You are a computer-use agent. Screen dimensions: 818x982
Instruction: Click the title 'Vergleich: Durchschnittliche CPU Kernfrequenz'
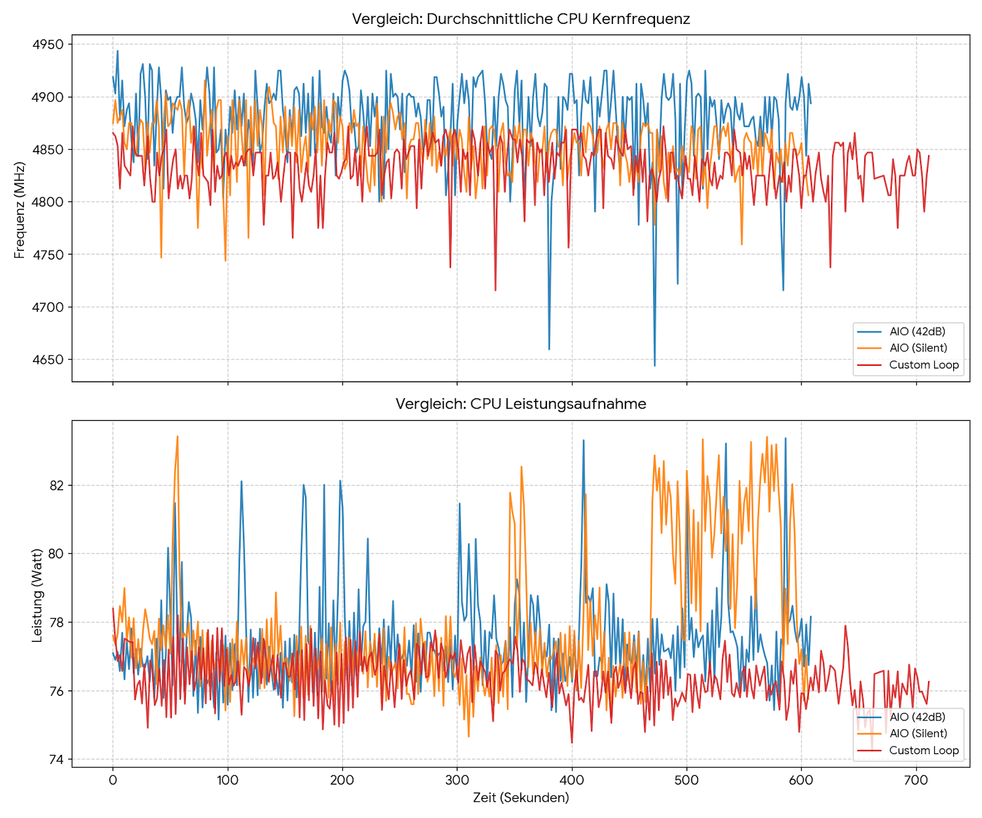520,19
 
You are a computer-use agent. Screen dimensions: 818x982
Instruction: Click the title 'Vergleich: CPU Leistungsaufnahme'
520,404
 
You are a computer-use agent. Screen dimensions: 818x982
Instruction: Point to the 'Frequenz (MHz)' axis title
20,210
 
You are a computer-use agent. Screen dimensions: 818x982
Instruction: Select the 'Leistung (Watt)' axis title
37,595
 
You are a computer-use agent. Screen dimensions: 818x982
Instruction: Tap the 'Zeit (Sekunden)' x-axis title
520,798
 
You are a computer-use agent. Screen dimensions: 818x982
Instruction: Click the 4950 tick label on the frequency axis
48,45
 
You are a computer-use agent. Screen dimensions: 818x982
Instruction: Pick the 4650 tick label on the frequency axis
48,360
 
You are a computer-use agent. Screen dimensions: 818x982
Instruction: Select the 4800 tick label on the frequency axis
48,203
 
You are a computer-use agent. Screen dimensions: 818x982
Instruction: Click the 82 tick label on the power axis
56,485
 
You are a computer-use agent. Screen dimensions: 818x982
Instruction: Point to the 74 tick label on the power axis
56,760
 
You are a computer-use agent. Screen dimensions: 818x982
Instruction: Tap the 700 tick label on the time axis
916,781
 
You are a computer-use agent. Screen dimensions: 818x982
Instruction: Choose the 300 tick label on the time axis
457,781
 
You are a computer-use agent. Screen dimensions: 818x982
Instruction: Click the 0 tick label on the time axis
113,781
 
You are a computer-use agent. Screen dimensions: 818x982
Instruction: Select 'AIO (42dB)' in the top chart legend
917,331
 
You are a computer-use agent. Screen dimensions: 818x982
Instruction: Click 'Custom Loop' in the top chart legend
924,365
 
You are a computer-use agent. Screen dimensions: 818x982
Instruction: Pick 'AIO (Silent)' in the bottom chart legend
918,733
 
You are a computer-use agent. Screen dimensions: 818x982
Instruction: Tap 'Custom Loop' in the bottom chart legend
924,750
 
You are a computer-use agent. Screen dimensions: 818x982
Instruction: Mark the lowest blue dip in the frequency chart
654,366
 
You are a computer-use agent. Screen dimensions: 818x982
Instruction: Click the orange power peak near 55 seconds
177,436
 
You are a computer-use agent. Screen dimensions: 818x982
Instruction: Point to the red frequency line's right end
929,156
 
